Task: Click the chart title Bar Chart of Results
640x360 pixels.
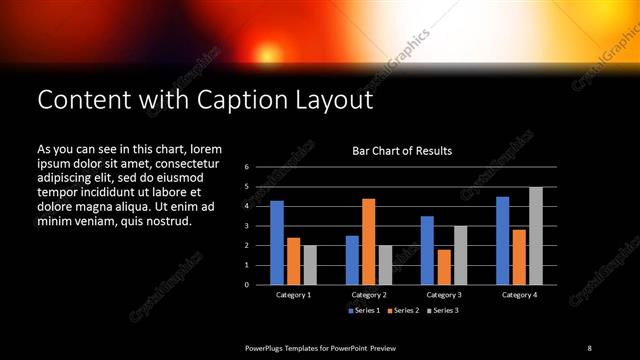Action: (x=402, y=151)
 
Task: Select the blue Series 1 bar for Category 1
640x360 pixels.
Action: (x=277, y=242)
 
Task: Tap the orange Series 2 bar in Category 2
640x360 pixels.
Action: (x=368, y=241)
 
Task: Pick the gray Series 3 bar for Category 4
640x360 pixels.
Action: (x=535, y=235)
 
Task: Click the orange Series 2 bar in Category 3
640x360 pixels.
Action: (x=444, y=267)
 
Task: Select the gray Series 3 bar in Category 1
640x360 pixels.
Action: (x=310, y=265)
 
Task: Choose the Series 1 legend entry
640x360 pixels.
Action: (x=363, y=311)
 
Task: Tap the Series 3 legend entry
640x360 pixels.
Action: (x=444, y=311)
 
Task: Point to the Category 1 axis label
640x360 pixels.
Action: (x=293, y=295)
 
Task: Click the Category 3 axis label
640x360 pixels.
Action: (x=443, y=295)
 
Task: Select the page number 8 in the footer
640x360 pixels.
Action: (x=589, y=347)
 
